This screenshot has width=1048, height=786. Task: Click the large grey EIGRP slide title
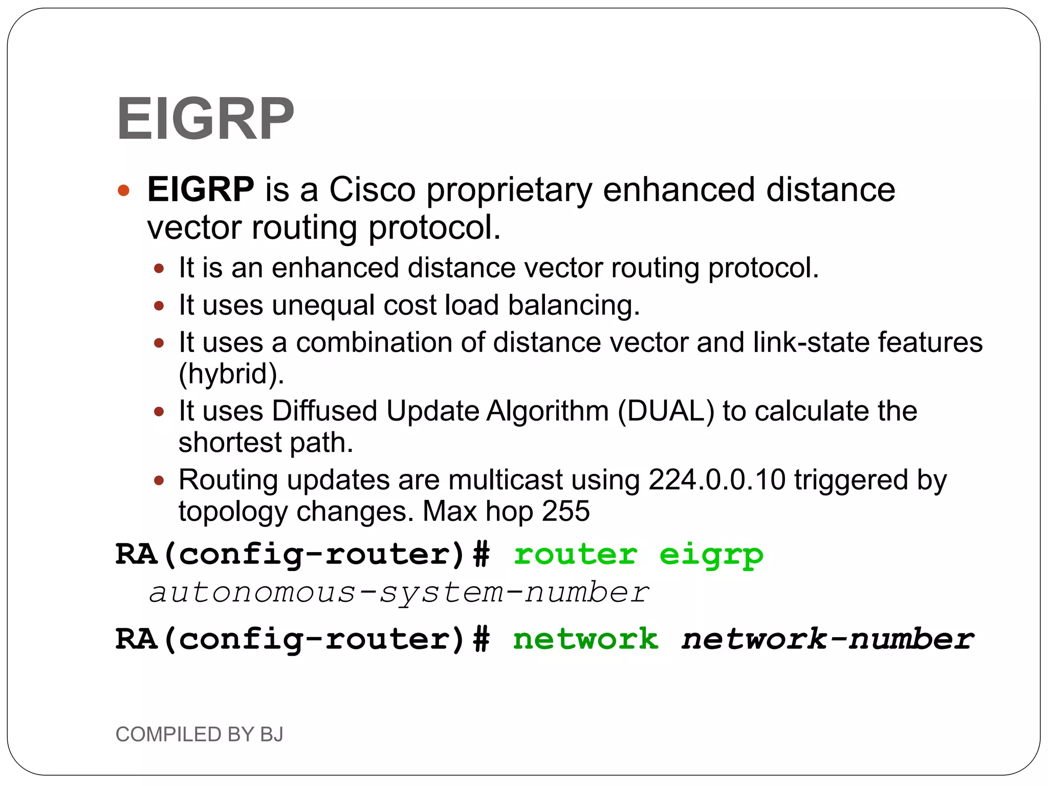pos(205,119)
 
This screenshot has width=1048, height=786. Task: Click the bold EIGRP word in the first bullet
pos(200,189)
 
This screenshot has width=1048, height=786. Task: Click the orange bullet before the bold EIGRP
pos(123,191)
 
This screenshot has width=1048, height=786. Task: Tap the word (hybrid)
pos(231,374)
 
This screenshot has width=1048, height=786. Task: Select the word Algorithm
pos(547,411)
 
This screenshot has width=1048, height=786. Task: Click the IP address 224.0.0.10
pos(716,480)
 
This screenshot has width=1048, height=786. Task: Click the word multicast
pos(506,480)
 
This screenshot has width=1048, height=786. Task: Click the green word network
pos(585,640)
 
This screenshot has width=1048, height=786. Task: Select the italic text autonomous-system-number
pos(399,593)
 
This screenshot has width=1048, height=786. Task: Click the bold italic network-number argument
pos(827,640)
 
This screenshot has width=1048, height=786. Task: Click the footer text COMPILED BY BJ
pos(199,734)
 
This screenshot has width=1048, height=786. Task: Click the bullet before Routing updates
pos(159,481)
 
